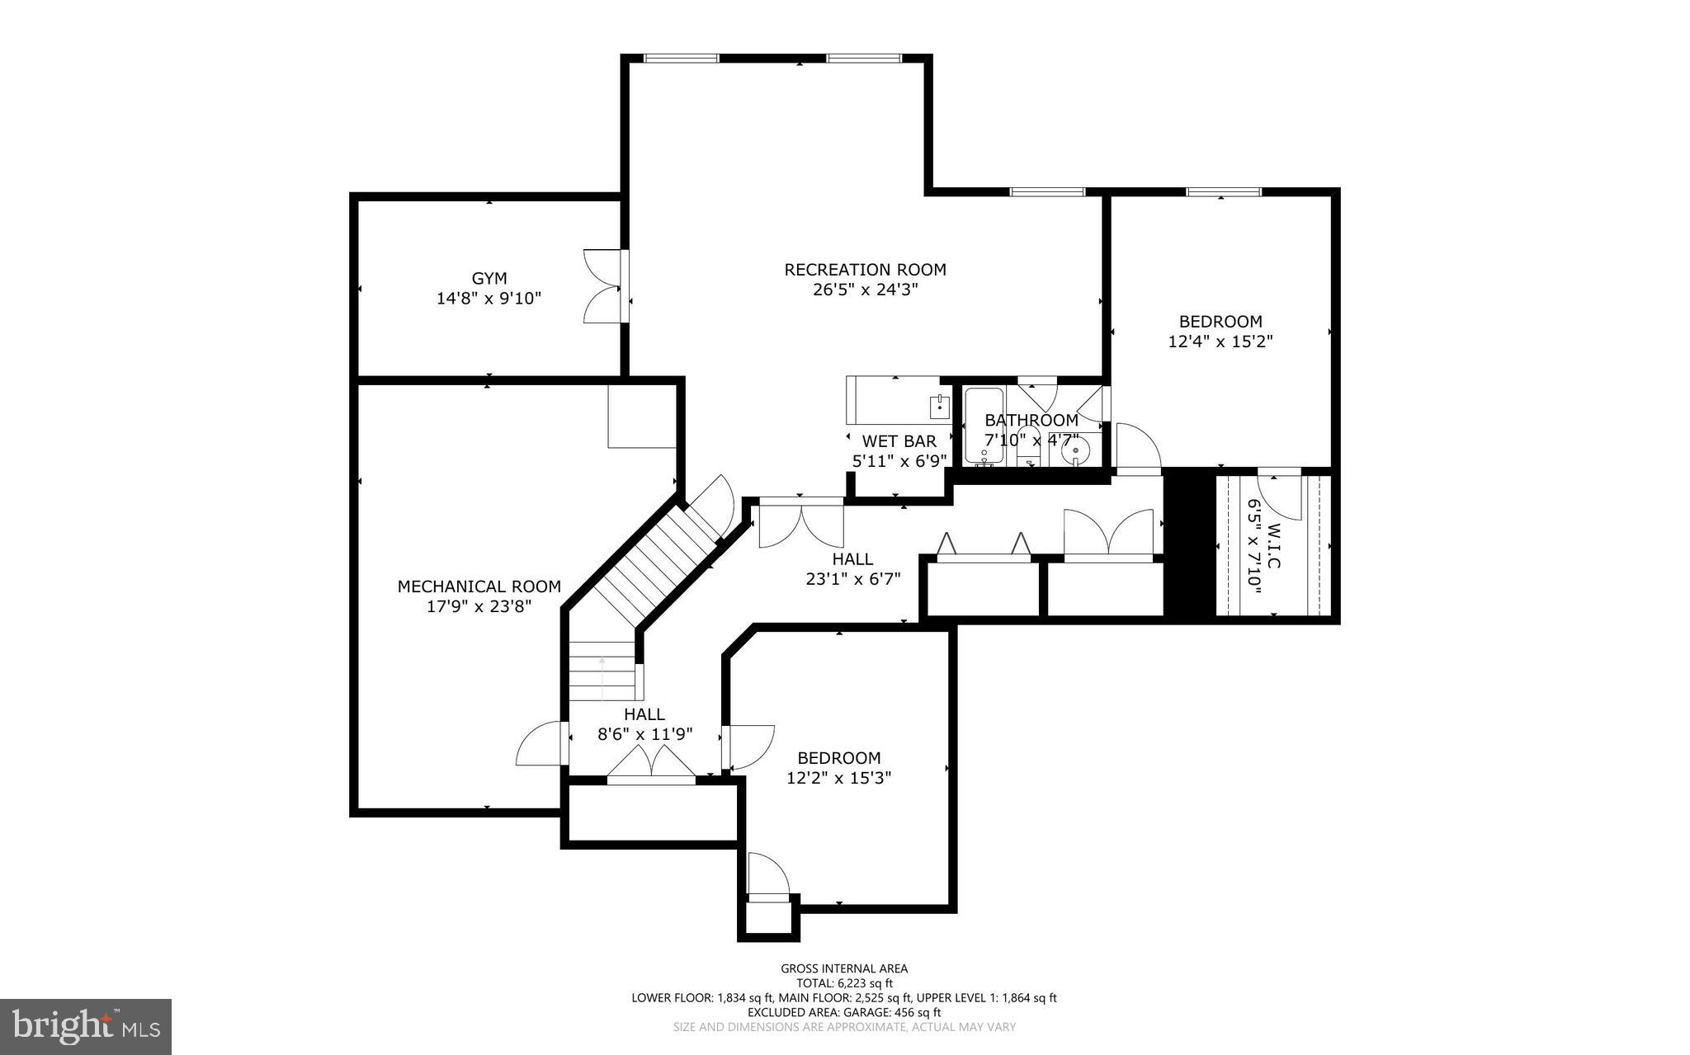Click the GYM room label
click(x=489, y=279)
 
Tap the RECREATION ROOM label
click(x=865, y=270)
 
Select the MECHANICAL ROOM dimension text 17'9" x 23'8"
click(x=479, y=606)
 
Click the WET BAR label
click(x=899, y=441)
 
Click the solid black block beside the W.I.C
click(x=1189, y=544)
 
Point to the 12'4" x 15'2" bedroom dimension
click(x=1220, y=341)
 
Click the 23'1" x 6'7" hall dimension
click(x=852, y=579)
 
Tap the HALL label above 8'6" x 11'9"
click(x=644, y=714)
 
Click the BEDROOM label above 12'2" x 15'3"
click(x=838, y=758)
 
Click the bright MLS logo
click(x=86, y=1026)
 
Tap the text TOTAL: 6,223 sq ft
click(x=844, y=983)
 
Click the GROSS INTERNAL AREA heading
click(x=844, y=968)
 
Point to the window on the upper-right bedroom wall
click(x=1223, y=192)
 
